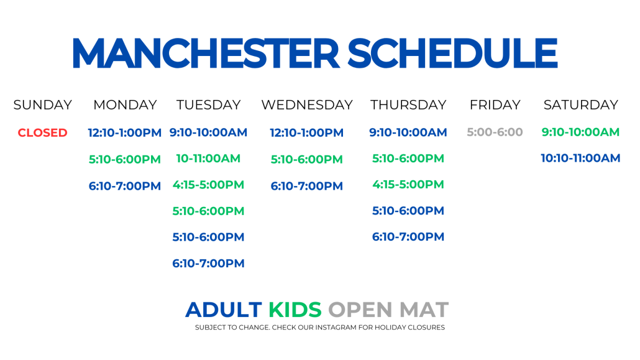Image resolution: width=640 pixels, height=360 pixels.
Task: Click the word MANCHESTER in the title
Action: tap(206, 53)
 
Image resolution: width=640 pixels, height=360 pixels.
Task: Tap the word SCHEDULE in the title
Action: tap(452, 53)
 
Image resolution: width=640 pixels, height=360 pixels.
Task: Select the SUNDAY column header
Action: tap(42, 105)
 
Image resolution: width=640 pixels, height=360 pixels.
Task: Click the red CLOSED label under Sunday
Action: tap(42, 133)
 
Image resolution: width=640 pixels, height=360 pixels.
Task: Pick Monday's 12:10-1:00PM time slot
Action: tap(124, 133)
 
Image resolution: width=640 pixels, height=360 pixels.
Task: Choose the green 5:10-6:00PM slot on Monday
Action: tap(124, 159)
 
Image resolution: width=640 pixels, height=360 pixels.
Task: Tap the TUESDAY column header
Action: tap(208, 105)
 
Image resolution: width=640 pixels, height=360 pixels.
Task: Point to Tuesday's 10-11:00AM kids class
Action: tap(208, 159)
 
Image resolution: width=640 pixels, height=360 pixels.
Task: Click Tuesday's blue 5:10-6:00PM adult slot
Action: tap(208, 237)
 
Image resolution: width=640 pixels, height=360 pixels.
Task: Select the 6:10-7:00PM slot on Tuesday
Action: tap(208, 264)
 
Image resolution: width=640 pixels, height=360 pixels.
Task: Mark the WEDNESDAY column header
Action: tap(307, 105)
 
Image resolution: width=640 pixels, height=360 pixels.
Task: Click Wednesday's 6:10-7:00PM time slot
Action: tap(306, 186)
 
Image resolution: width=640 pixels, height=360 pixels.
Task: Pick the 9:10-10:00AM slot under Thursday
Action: tap(408, 132)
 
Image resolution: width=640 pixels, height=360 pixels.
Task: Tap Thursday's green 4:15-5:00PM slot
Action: tap(408, 185)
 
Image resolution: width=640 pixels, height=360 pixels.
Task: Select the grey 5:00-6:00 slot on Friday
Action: tap(495, 132)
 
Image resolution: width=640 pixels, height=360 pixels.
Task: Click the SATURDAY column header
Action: tap(581, 105)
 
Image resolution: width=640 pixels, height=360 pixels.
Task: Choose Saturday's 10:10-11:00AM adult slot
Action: tap(580, 158)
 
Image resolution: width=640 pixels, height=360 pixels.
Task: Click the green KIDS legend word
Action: tap(295, 310)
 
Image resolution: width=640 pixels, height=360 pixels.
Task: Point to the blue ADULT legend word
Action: tap(224, 310)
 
